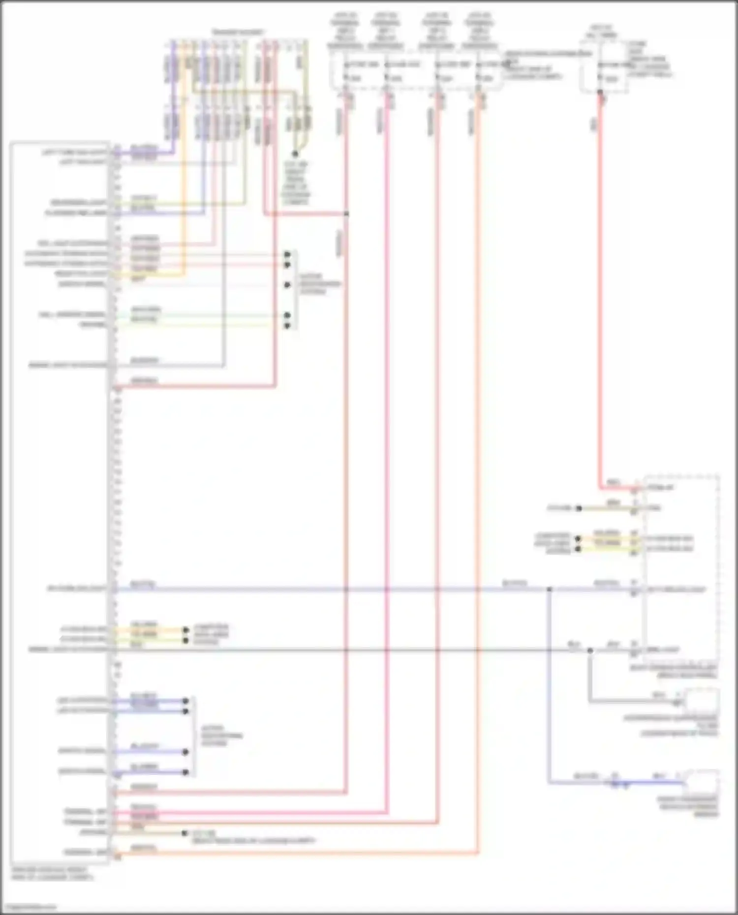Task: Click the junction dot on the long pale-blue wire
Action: click(x=550, y=589)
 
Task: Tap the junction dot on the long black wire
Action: click(x=590, y=650)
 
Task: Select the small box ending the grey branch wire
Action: click(x=703, y=700)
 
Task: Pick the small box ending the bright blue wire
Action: click(x=703, y=781)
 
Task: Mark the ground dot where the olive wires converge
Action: click(x=295, y=154)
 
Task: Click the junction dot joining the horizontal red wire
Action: click(x=347, y=214)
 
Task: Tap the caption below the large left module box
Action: click(x=52, y=873)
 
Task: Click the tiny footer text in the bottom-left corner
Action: click(x=31, y=907)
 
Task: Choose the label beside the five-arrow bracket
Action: click(x=320, y=284)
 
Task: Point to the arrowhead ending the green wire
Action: click(x=287, y=315)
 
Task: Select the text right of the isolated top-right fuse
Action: click(x=649, y=59)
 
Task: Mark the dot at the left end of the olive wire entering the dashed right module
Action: click(x=579, y=508)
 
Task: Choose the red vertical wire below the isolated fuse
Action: click(x=600, y=295)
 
